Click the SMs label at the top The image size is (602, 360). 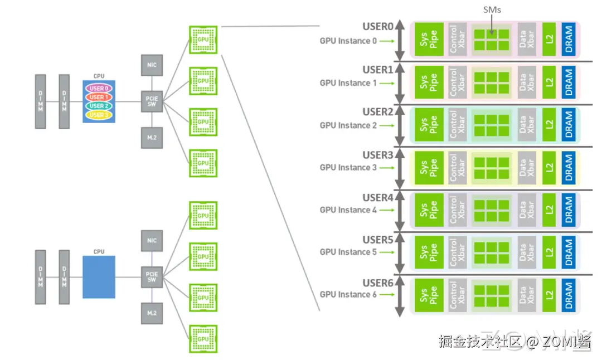coord(492,10)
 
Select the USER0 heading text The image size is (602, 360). coord(378,27)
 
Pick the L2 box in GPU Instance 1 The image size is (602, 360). coord(550,82)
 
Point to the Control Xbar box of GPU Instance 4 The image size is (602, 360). coord(457,210)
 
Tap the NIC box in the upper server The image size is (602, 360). coord(152,65)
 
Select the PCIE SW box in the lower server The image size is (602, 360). coord(152,276)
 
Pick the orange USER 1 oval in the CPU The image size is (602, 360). coord(98,97)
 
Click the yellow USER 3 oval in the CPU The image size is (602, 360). coord(98,115)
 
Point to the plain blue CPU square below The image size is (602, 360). coord(99,277)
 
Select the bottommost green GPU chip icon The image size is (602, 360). coord(203,338)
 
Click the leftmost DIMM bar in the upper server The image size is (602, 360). coord(40,101)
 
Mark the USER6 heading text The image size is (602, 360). coord(378,283)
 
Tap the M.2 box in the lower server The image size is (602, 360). coord(152,313)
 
